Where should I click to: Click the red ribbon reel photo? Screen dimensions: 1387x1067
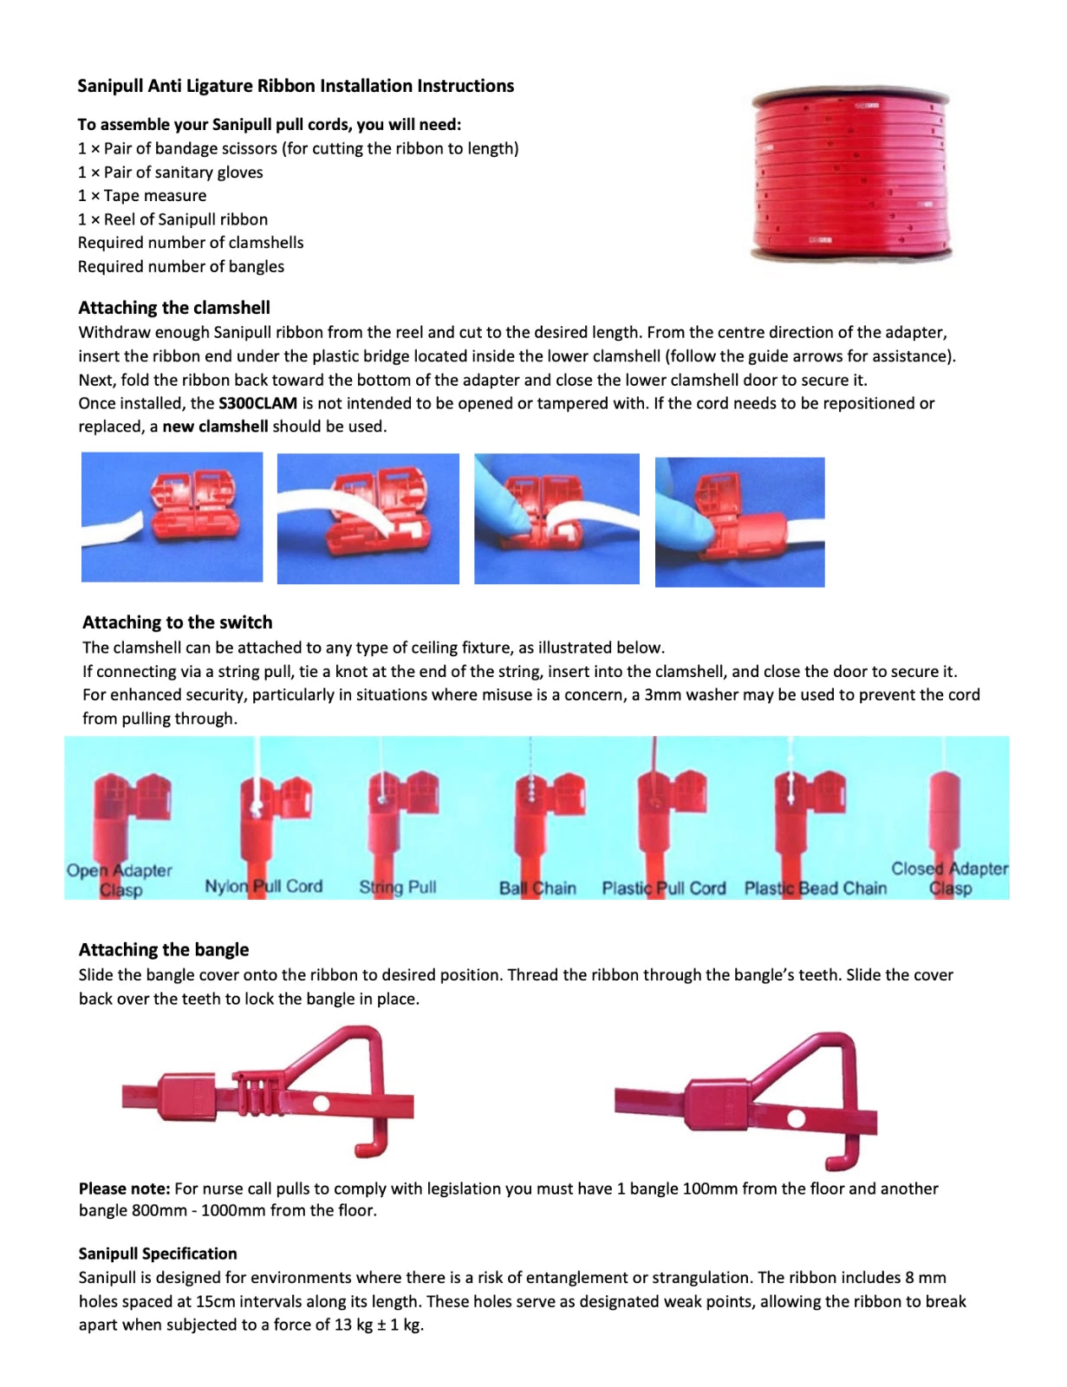coord(851,175)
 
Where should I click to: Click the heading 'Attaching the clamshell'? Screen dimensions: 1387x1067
coord(174,308)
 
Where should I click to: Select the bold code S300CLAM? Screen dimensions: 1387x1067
coord(257,403)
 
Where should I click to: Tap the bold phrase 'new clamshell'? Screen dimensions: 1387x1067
coord(215,427)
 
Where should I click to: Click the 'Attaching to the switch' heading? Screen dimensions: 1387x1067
coord(177,622)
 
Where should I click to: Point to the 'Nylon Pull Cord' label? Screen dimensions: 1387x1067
coord(263,886)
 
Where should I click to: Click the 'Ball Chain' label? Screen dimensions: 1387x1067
coord(537,888)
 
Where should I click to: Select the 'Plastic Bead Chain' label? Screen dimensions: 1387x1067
coord(815,888)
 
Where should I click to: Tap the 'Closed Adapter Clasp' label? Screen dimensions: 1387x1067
coord(950,877)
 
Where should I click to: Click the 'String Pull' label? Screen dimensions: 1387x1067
coord(398,887)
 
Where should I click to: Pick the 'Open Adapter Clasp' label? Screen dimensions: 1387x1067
coord(120,879)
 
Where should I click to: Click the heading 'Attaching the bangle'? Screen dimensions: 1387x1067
coord(164,949)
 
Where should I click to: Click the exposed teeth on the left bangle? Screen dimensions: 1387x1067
coord(257,1092)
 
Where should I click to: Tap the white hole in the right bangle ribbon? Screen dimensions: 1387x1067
coord(796,1118)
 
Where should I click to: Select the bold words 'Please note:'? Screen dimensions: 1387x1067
coord(124,1188)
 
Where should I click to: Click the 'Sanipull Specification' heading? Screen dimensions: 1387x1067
coord(158,1254)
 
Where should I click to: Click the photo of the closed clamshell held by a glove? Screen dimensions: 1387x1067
coord(739,522)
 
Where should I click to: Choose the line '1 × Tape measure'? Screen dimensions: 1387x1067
coord(142,196)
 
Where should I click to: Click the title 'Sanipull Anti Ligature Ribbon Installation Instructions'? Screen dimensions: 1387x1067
coord(296,86)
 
